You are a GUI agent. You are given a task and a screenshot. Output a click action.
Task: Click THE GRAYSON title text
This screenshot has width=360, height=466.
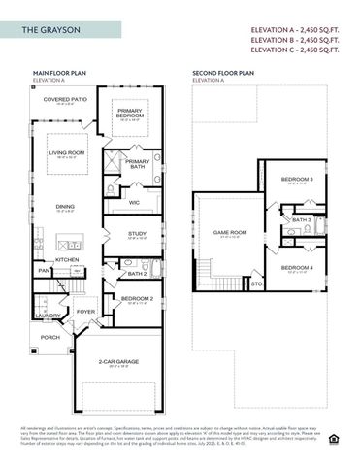[49, 31]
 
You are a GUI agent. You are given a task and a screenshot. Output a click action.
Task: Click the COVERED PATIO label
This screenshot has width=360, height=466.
[66, 99]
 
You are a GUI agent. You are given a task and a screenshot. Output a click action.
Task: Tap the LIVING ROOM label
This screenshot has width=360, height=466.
[67, 152]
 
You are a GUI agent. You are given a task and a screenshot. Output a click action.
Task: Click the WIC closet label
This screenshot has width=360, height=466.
[134, 202]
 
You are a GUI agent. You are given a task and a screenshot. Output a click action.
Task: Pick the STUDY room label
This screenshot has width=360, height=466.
[137, 233]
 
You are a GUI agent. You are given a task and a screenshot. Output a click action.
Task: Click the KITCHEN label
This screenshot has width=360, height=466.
[67, 259]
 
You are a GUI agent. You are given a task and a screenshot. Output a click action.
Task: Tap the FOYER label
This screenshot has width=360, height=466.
[86, 312]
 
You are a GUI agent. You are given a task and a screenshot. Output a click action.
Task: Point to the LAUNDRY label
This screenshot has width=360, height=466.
[47, 315]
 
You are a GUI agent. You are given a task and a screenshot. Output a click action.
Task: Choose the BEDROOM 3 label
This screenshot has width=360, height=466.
[297, 180]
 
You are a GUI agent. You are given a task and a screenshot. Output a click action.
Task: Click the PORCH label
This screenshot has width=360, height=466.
[49, 337]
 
